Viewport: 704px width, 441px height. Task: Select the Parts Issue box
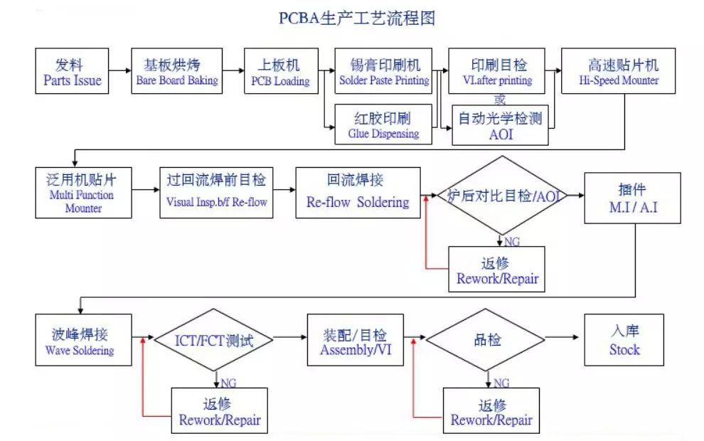(73, 71)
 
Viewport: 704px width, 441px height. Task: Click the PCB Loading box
(280, 72)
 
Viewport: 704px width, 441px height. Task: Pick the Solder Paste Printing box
(384, 72)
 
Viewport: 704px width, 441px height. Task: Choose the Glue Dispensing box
(384, 124)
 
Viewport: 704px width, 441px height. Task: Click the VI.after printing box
(496, 72)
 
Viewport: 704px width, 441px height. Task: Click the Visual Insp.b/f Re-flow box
(216, 193)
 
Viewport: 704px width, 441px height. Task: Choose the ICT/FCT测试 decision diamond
(214, 339)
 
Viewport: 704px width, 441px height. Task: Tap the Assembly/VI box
(354, 340)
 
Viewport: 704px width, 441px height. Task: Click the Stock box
(624, 340)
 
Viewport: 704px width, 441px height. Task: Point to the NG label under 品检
(501, 383)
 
